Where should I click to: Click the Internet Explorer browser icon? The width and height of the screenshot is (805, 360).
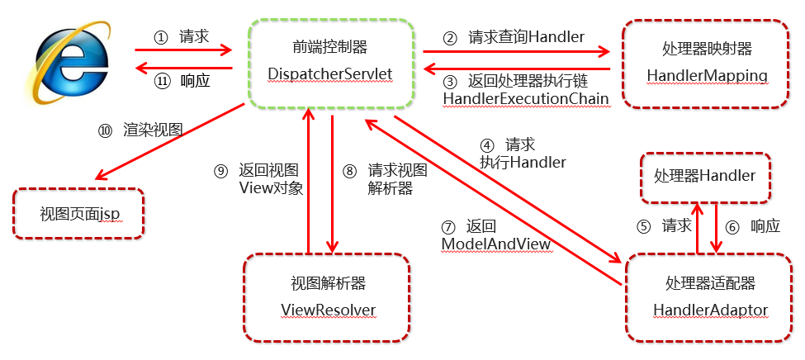point(72,63)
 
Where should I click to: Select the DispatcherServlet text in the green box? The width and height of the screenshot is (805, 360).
point(329,75)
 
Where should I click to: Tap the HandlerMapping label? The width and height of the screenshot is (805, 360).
point(708,76)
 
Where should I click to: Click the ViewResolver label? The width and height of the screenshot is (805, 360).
point(328,310)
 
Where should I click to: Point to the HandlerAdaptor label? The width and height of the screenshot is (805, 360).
point(710,310)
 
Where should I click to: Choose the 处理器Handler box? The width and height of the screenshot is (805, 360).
point(705,176)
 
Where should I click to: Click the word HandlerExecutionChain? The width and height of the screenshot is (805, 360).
point(526,99)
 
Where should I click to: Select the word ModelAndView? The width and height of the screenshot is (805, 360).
point(495,244)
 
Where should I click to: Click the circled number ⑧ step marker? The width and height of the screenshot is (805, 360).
point(349,171)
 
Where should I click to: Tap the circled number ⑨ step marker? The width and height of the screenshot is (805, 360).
point(220,171)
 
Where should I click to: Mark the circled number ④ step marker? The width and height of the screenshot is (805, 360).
point(487,143)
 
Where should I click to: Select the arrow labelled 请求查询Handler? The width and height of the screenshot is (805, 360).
point(516,52)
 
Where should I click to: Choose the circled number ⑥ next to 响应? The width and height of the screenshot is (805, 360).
point(731,225)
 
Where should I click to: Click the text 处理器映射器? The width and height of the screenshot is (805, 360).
point(708,49)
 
